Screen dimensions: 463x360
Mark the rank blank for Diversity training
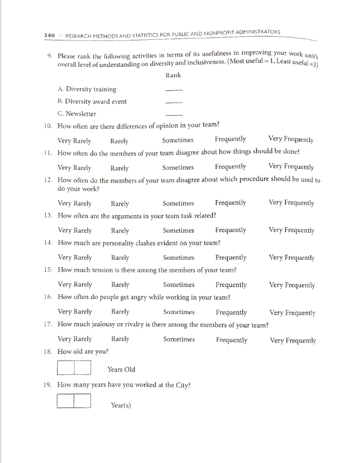coord(174,90)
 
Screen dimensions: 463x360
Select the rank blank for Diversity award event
coord(174,102)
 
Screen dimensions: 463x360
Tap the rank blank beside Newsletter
coord(174,115)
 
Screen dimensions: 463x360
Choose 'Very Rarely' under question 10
coord(74,140)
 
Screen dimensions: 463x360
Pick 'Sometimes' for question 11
coord(178,168)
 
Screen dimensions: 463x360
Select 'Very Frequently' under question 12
coord(291,203)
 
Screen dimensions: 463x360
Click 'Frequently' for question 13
coord(230,230)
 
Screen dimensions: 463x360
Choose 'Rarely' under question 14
coord(120,257)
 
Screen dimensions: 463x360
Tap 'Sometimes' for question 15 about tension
coord(178,285)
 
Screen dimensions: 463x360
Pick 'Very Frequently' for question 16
coord(292,312)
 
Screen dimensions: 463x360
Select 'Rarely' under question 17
coord(121,339)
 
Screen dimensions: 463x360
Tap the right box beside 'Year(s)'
coord(82,401)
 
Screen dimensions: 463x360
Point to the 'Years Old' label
coord(121,370)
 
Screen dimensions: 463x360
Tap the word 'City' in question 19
coord(180,385)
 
